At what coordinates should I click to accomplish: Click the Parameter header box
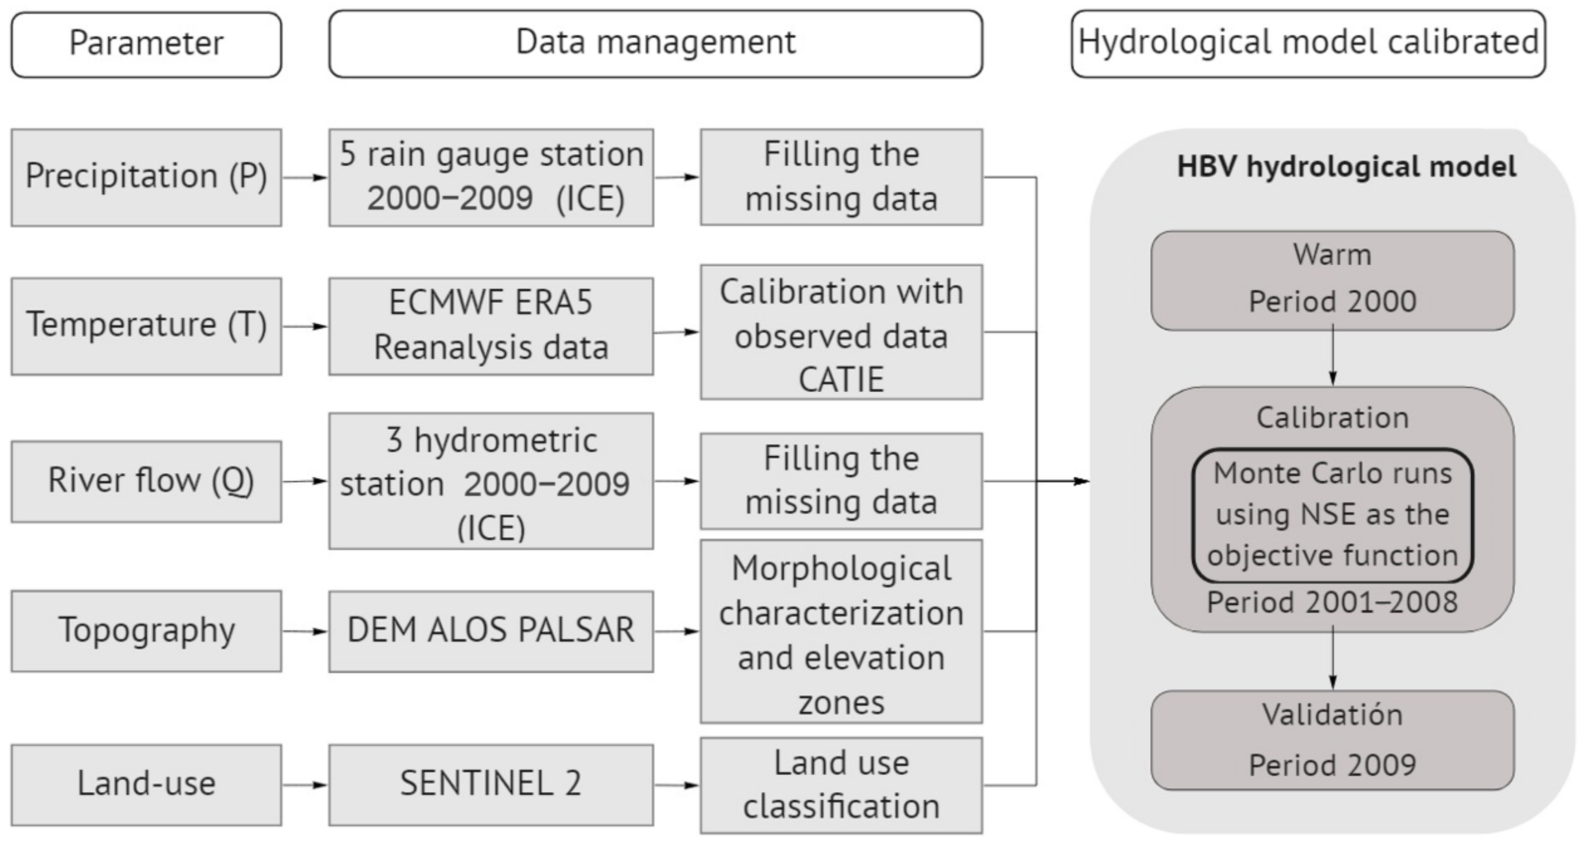click(146, 44)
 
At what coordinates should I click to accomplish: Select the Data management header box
click(655, 43)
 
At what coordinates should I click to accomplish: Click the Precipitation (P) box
click(146, 177)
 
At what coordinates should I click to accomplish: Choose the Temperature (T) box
click(146, 326)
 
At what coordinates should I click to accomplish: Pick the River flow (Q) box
click(146, 481)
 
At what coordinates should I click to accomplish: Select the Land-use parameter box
click(146, 785)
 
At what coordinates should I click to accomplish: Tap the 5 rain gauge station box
click(491, 177)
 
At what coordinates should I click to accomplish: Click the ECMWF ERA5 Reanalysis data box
click(491, 326)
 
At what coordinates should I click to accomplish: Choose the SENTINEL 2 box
click(491, 785)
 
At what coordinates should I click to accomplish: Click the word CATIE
click(841, 380)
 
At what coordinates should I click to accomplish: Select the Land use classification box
click(841, 785)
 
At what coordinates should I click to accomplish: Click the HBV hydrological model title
click(1346, 167)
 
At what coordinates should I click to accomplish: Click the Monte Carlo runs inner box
click(1332, 515)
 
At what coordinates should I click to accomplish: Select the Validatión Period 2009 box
click(1332, 740)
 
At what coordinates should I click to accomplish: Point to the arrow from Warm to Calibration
click(1332, 358)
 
